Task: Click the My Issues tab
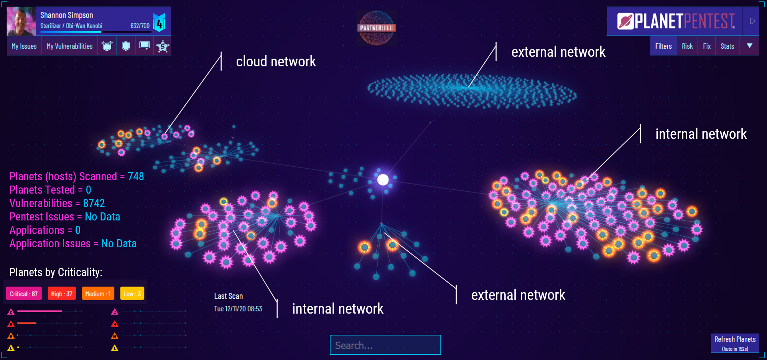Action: [x=24, y=46]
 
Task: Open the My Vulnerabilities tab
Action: [x=69, y=46]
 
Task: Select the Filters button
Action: [x=663, y=46]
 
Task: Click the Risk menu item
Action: [x=687, y=46]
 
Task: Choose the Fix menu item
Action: [x=706, y=46]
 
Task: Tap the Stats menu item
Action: [x=727, y=46]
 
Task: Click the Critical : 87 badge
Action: [x=24, y=294]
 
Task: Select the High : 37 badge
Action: [x=62, y=294]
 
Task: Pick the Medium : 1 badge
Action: [x=98, y=294]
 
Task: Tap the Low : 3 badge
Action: [x=132, y=294]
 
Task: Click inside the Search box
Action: [x=385, y=345]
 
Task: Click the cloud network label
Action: [x=276, y=61]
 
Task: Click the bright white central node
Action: [x=383, y=179]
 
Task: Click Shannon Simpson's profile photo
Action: [x=21, y=21]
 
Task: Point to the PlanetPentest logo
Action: [x=676, y=21]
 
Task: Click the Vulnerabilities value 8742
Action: [x=94, y=203]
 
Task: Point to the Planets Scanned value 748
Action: [x=136, y=176]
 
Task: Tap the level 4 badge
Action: [x=159, y=23]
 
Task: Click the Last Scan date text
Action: [x=238, y=309]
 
